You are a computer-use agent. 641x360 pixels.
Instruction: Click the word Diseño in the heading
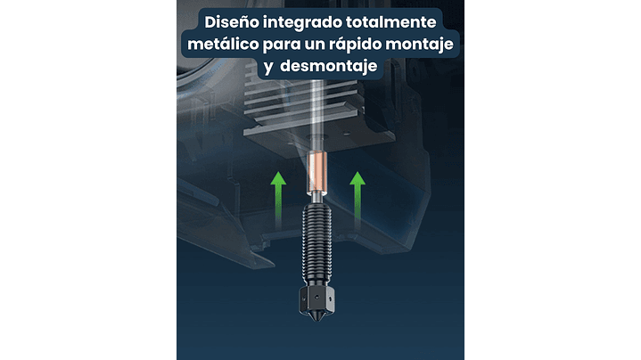click(232, 21)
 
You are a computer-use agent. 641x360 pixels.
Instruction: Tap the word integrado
click(302, 23)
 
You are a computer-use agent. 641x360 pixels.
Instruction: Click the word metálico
click(223, 44)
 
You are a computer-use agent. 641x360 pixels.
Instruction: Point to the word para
click(282, 45)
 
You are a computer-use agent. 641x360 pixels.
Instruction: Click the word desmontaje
click(329, 66)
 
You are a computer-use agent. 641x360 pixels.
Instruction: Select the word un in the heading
click(315, 45)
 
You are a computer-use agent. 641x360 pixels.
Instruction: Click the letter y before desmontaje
click(268, 68)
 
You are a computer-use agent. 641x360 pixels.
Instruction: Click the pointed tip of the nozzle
click(316, 320)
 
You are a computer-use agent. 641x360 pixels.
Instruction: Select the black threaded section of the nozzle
click(316, 243)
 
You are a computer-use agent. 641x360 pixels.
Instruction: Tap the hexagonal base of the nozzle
click(316, 299)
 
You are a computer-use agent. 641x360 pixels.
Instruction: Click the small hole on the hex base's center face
click(316, 298)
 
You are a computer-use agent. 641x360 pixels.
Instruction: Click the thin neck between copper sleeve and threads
click(316, 198)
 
